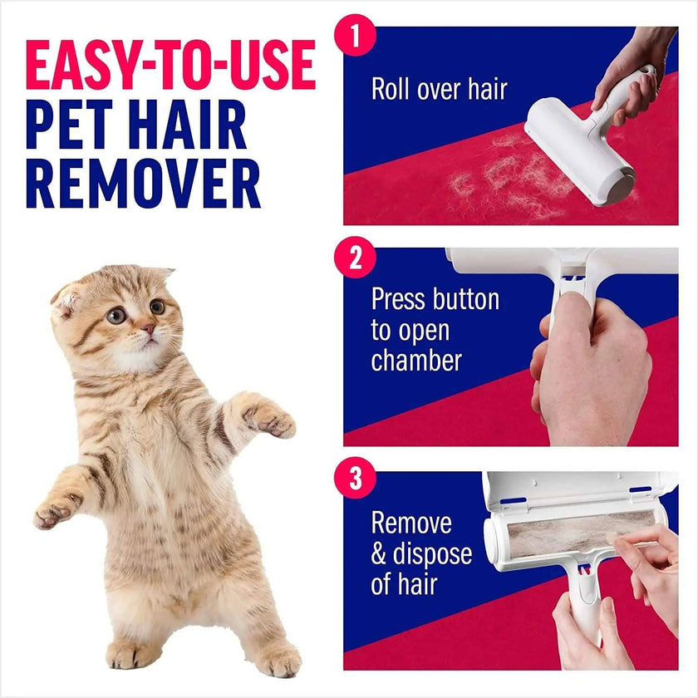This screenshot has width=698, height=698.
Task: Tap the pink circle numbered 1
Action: click(355, 37)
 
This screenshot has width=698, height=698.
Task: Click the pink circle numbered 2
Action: click(355, 258)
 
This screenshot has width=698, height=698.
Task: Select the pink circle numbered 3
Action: click(355, 479)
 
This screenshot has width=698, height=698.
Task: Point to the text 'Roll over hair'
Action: click(439, 89)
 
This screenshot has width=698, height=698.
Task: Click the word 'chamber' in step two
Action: click(415, 361)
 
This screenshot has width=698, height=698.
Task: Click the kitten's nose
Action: click(147, 329)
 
